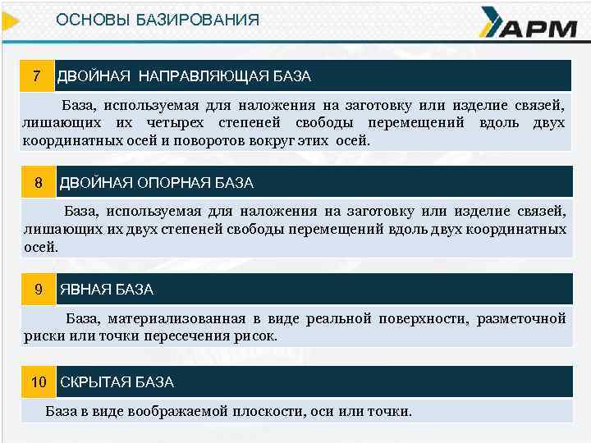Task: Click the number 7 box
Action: click(x=37, y=76)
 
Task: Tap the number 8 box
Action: click(x=38, y=182)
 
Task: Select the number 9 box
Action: click(x=38, y=290)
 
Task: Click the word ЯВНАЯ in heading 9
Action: click(x=82, y=290)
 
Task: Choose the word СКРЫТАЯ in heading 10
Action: click(x=93, y=381)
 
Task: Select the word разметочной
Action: click(x=522, y=318)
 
